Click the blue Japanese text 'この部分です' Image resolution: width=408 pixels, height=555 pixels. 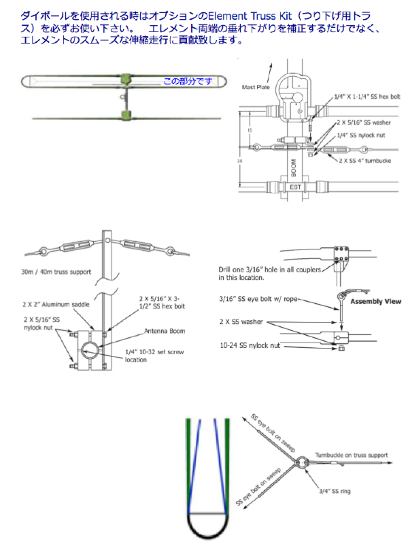tap(188, 81)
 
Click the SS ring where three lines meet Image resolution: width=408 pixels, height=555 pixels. tap(302, 462)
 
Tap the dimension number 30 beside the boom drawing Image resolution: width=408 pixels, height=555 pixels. tap(239, 161)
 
